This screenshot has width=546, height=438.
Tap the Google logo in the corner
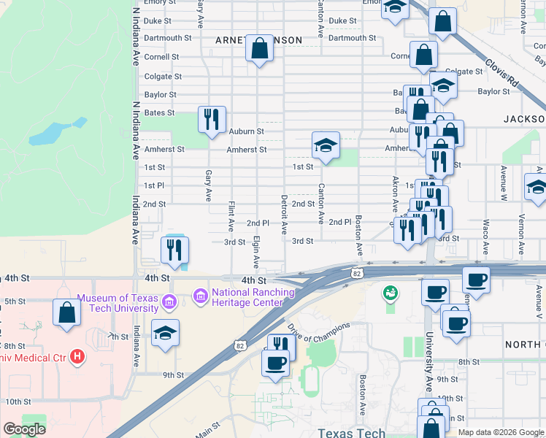click(24, 429)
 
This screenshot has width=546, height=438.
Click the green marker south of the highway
click(391, 293)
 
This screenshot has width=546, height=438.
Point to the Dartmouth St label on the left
click(168, 38)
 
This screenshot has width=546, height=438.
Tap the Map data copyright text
click(500, 432)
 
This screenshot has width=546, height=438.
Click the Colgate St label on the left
click(163, 75)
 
